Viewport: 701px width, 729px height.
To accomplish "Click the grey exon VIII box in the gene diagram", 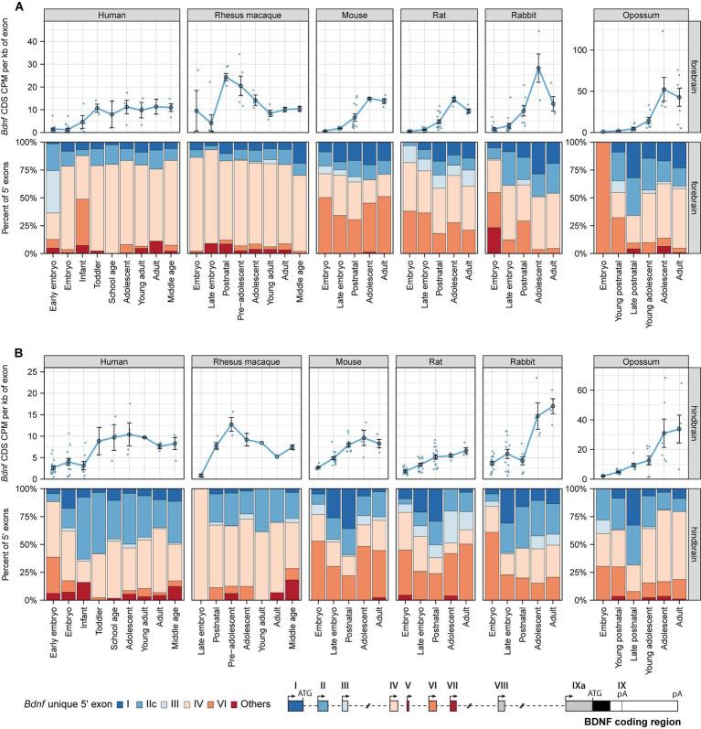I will click(502, 704).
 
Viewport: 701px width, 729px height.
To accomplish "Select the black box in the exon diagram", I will click(600, 704).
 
